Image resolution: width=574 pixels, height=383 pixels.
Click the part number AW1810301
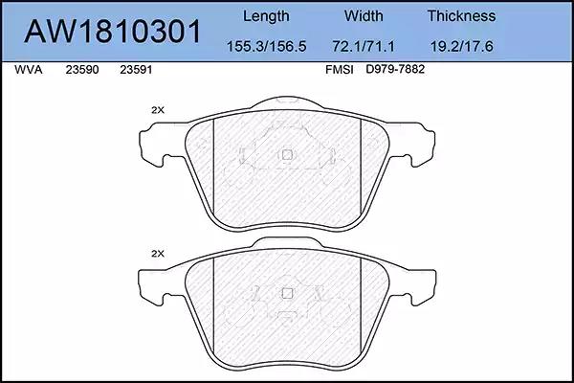(x=112, y=32)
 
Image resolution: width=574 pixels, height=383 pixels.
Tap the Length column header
(x=266, y=17)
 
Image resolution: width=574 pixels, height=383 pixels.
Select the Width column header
(x=364, y=16)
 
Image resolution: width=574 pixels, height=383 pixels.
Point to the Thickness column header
(x=461, y=16)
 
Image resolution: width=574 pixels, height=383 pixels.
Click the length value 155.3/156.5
(x=267, y=47)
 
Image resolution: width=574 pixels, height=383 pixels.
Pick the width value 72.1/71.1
(x=364, y=47)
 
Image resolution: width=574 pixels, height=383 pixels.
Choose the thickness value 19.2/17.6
(x=461, y=47)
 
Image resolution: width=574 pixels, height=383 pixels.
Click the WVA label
(x=29, y=70)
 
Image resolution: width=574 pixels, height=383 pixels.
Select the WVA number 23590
(x=82, y=70)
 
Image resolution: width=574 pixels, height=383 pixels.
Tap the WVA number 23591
(x=136, y=70)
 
